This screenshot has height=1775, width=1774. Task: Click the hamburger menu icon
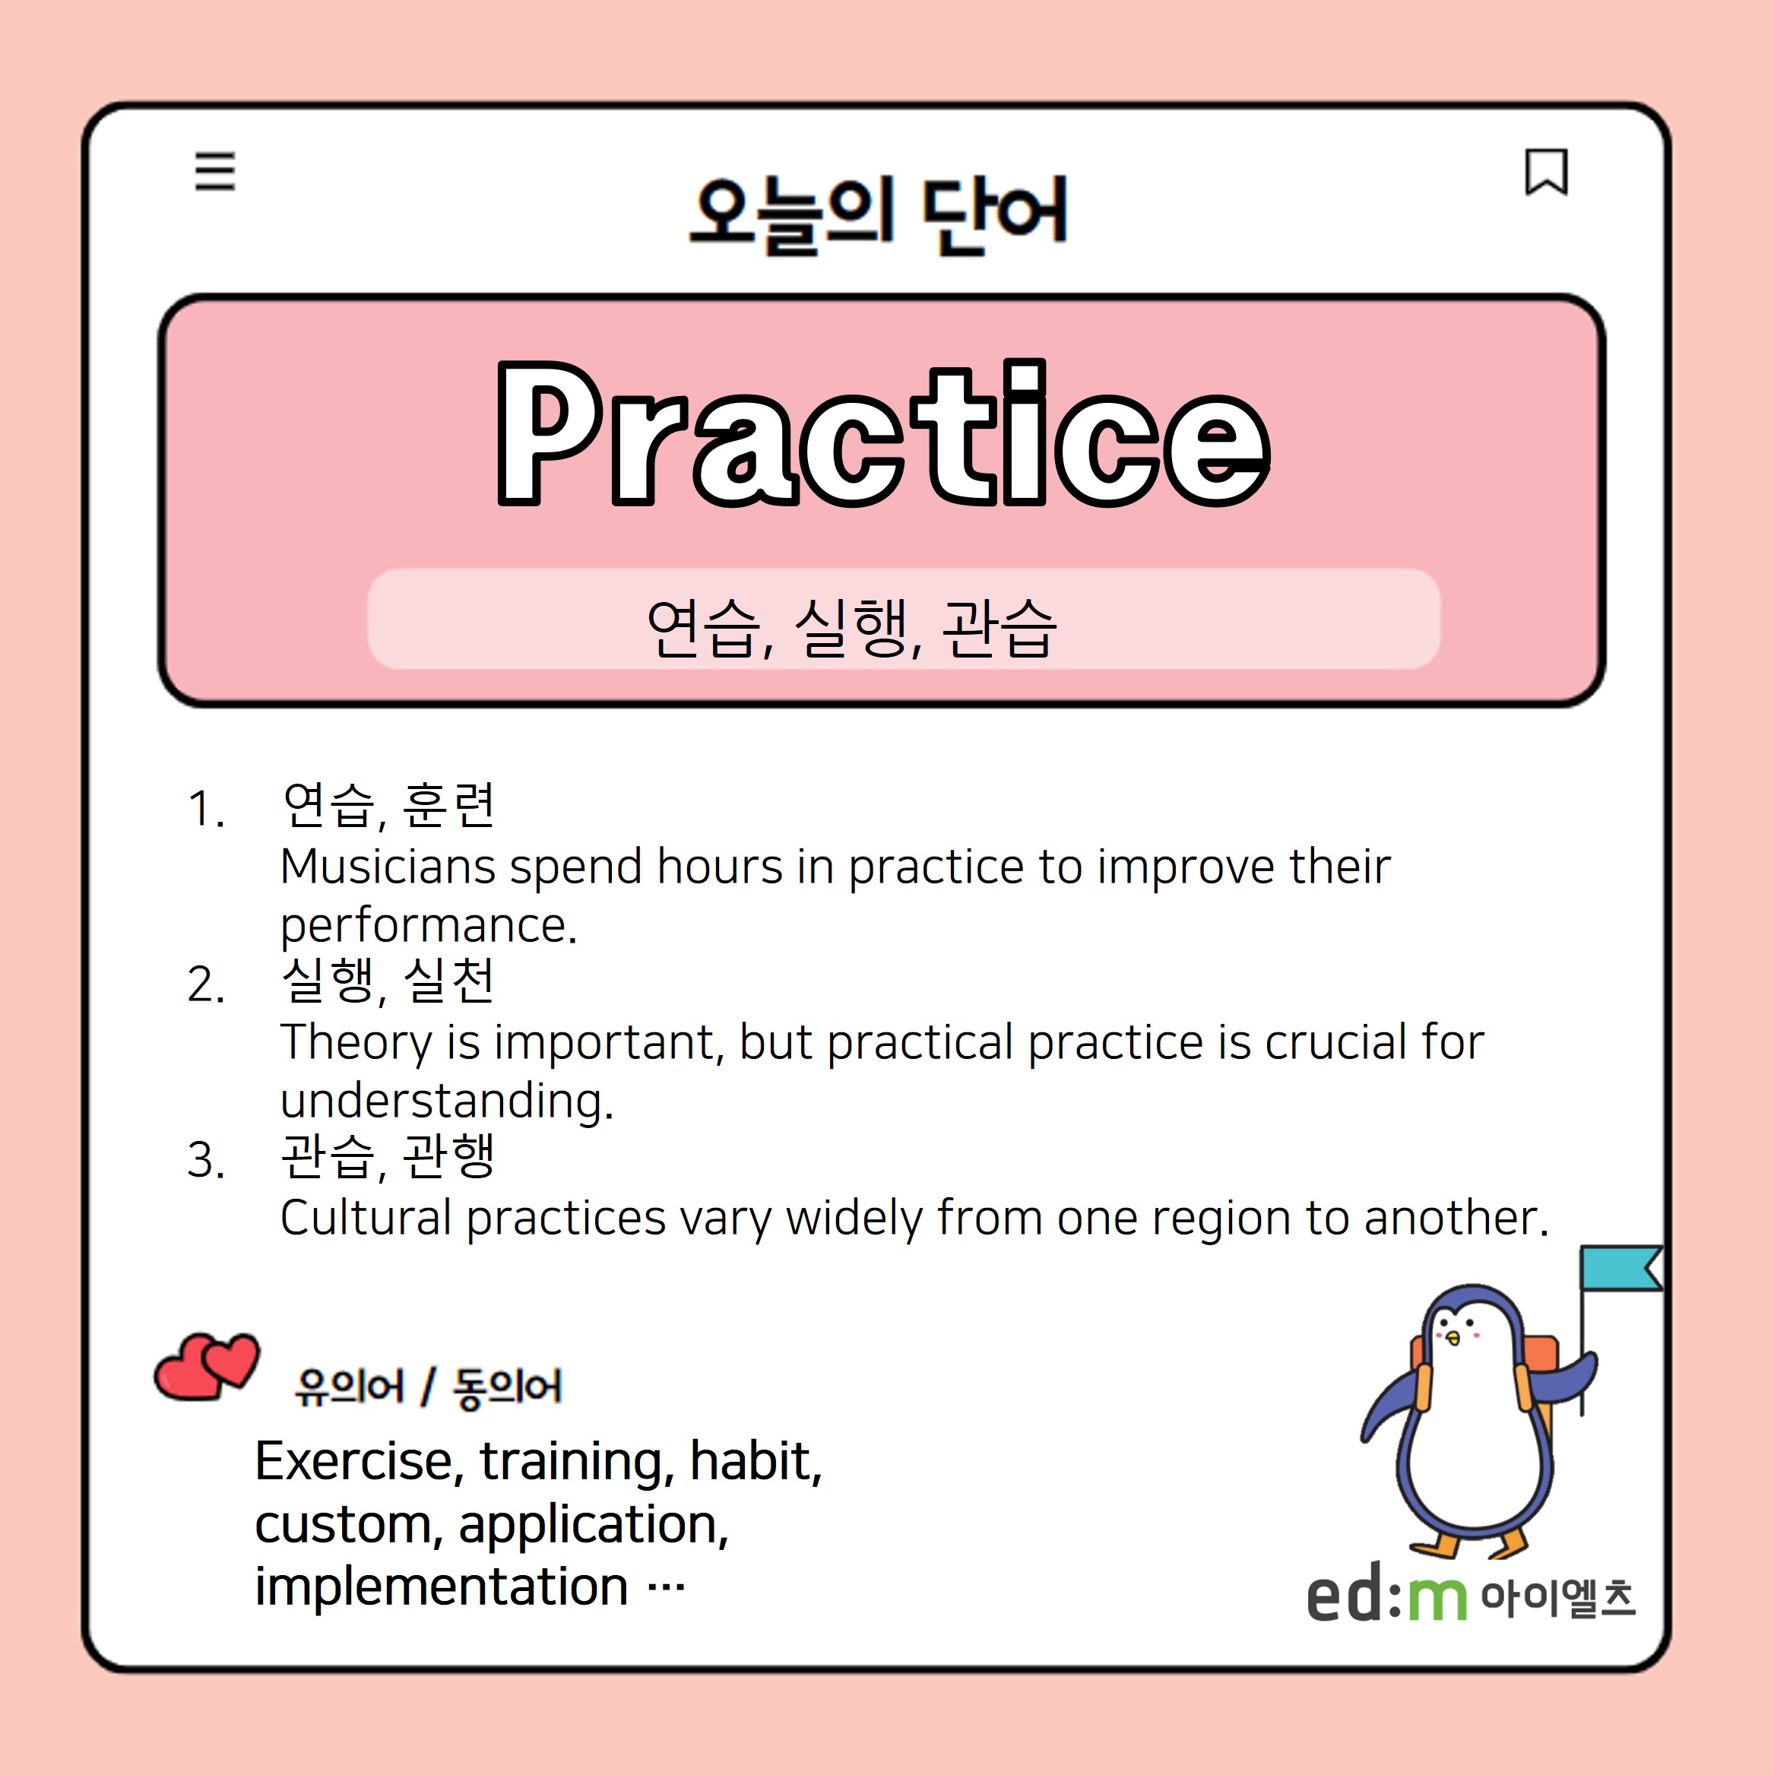coord(215,172)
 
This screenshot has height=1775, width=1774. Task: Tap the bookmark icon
coord(1546,172)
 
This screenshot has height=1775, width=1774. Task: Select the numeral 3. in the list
coord(206,1160)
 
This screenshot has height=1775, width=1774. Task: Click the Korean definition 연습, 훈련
coord(388,806)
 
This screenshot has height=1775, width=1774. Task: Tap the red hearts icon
coord(207,1366)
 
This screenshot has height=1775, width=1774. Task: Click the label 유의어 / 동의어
coord(428,1387)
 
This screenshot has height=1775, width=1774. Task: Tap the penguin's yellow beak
coord(1453,1339)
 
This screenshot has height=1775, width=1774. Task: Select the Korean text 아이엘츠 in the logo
coord(1558,1598)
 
